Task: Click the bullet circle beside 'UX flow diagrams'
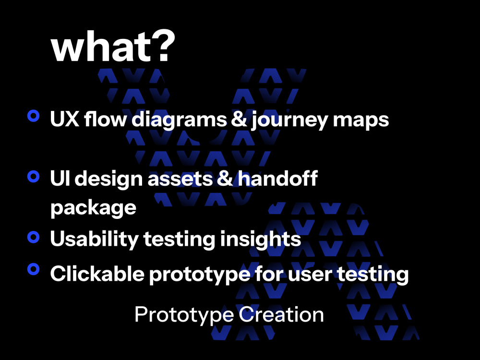(x=33, y=116)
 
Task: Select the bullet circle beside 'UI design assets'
(x=33, y=176)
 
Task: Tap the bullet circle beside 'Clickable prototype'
(x=33, y=269)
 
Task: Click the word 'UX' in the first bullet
(x=64, y=120)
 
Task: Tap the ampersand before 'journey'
(x=239, y=120)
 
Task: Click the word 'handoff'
(x=278, y=179)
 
